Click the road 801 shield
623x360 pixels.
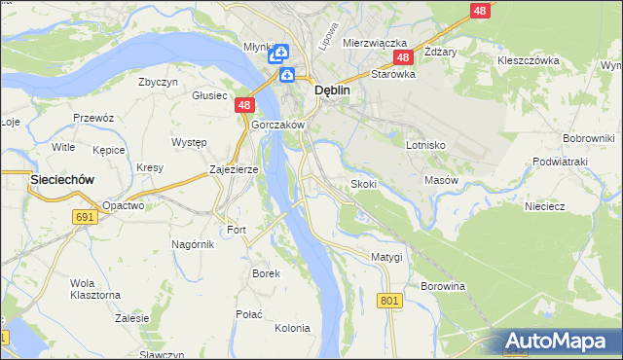tap(389, 302)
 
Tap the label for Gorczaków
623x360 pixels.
tap(278, 126)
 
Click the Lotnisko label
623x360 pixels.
tap(425, 144)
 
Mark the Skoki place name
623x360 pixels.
tap(363, 184)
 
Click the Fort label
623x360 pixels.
tap(238, 230)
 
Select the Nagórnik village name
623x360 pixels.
tap(192, 244)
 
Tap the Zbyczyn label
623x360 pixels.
tap(158, 82)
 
